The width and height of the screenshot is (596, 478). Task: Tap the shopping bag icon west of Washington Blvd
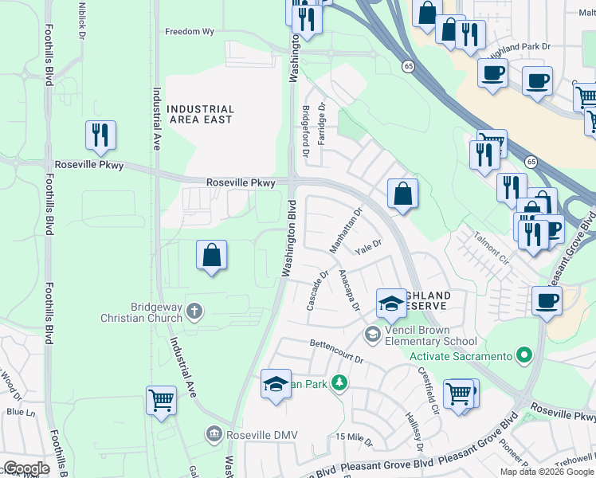211,255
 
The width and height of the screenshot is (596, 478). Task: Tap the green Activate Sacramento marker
523,355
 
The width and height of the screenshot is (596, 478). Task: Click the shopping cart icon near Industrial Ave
161,400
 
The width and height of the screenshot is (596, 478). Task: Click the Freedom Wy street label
190,33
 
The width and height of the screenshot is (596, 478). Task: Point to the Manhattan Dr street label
347,229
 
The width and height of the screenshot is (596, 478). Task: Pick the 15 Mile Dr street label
354,437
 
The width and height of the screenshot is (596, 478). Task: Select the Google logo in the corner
26,468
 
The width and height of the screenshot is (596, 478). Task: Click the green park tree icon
339,383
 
